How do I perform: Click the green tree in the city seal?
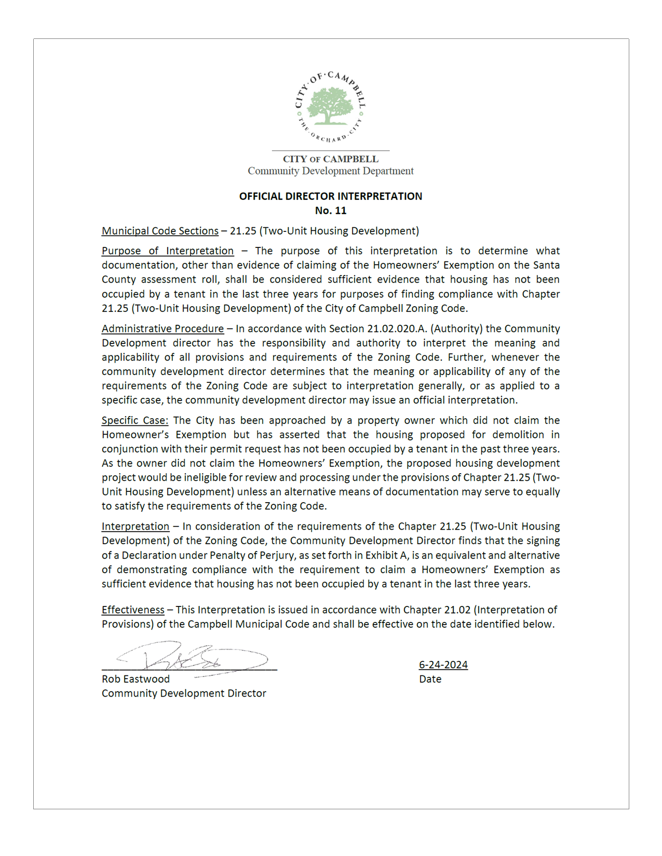click(x=330, y=106)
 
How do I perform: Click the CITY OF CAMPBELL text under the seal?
click(x=330, y=159)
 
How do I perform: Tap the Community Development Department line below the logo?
click(x=330, y=171)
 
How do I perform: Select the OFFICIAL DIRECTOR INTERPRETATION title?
click(x=330, y=197)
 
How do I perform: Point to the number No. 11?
click(x=330, y=211)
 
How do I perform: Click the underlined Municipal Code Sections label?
click(x=160, y=231)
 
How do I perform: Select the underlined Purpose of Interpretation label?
click(x=168, y=251)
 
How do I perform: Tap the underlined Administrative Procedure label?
click(x=163, y=329)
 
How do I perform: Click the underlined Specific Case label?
click(x=134, y=421)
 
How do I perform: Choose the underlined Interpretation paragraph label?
click(x=135, y=527)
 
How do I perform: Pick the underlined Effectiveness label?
click(x=133, y=610)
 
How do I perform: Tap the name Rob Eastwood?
click(x=136, y=679)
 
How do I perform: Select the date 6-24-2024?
click(x=443, y=665)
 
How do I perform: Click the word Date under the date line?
click(x=430, y=679)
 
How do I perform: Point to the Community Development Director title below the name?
click(x=184, y=694)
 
